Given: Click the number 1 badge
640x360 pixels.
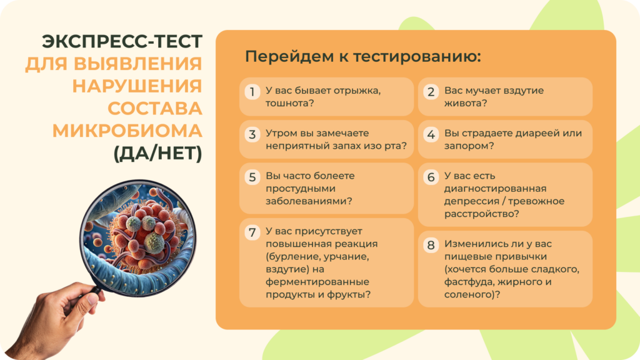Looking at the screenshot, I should (x=252, y=92).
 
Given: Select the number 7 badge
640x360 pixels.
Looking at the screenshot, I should (x=252, y=233).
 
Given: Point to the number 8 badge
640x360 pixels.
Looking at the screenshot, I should (x=431, y=246).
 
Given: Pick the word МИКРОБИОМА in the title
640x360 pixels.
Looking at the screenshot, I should (x=127, y=131).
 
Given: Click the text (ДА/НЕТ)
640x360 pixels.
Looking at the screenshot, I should (x=157, y=153).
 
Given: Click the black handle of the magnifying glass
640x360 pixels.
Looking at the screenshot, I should (x=94, y=288).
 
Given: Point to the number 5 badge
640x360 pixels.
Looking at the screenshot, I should (x=252, y=177).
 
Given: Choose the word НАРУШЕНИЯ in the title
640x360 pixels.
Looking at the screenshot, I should (x=137, y=86).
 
